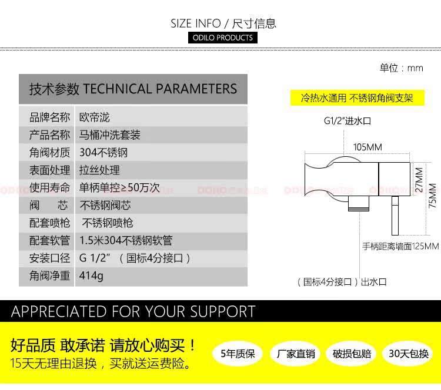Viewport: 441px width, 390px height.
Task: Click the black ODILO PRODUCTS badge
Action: point(223,38)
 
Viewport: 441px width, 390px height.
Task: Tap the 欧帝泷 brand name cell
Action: point(94,117)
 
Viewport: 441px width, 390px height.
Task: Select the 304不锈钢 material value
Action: point(103,153)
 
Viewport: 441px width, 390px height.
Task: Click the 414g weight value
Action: point(91,275)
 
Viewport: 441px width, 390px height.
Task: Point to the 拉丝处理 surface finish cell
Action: point(99,170)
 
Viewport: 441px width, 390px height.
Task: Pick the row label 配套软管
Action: point(49,240)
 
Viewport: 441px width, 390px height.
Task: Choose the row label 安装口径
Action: point(49,258)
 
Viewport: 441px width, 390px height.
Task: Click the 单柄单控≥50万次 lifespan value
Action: point(119,188)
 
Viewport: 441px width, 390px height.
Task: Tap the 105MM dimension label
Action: point(367,147)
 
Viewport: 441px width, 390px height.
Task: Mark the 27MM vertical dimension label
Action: point(419,180)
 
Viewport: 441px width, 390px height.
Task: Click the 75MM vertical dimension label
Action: point(433,196)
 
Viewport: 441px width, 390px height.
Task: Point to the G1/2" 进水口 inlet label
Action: point(348,121)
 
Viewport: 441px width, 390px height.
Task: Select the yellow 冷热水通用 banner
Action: point(357,97)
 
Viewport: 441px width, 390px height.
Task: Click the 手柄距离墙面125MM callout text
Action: point(400,247)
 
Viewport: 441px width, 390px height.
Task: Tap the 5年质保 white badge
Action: point(238,354)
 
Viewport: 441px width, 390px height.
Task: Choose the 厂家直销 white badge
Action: point(296,354)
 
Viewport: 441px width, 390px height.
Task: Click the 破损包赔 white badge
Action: point(352,354)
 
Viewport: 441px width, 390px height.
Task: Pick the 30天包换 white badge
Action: point(409,354)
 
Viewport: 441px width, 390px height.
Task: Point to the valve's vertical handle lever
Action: point(395,216)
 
